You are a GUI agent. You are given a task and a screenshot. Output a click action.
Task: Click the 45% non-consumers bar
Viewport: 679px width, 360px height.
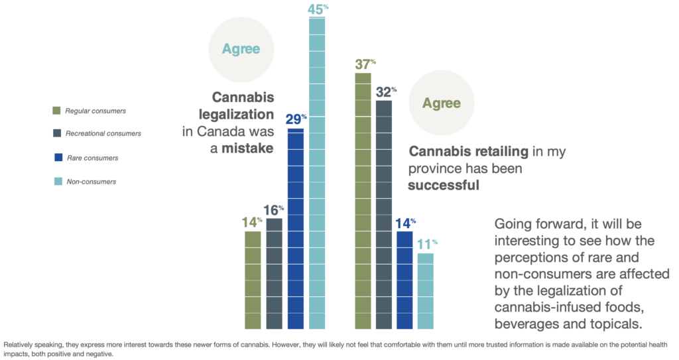(x=317, y=172)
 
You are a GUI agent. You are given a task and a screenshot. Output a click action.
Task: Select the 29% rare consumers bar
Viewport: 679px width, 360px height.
(x=296, y=229)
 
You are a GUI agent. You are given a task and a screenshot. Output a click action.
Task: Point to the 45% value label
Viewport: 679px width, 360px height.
(x=317, y=9)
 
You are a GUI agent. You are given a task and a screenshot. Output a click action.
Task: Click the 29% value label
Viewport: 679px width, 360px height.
(x=295, y=120)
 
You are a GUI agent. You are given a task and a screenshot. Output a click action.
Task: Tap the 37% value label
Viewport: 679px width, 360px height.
(x=363, y=64)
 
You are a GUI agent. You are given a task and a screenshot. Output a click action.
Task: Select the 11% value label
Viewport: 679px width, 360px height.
(x=426, y=244)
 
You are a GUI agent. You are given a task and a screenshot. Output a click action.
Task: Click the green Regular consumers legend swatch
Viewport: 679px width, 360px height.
(x=57, y=110)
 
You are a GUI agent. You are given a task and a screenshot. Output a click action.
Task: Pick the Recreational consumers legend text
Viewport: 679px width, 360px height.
(x=103, y=134)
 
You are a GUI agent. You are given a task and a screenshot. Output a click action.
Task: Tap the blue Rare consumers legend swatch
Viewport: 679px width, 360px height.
(x=57, y=157)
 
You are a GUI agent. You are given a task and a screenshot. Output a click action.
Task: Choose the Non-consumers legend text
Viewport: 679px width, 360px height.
(x=92, y=181)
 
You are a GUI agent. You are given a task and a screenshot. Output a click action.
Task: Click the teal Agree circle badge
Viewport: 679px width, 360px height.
(x=241, y=49)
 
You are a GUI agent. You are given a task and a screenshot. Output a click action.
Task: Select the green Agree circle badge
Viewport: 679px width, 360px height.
(x=442, y=103)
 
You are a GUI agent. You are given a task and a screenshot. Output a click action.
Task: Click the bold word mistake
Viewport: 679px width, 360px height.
(x=247, y=149)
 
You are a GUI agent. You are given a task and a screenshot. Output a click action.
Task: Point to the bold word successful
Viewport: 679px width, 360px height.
(x=443, y=186)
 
